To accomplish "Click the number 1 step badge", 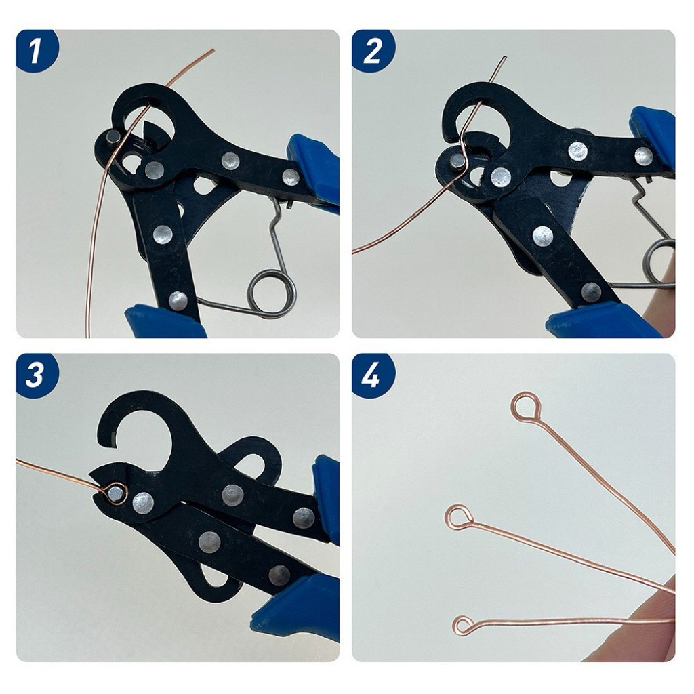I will tap(36, 51).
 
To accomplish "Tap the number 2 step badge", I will tap(372, 51).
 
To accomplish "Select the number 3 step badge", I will tap(36, 375).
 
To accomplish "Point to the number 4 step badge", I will tap(372, 375).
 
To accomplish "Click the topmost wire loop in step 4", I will tap(525, 407).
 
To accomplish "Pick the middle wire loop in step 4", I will tap(457, 517).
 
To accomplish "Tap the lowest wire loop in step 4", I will tap(464, 624).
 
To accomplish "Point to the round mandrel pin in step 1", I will tap(113, 138).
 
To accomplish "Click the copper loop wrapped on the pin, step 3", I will tap(116, 492).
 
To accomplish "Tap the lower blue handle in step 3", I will tap(298, 607).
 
